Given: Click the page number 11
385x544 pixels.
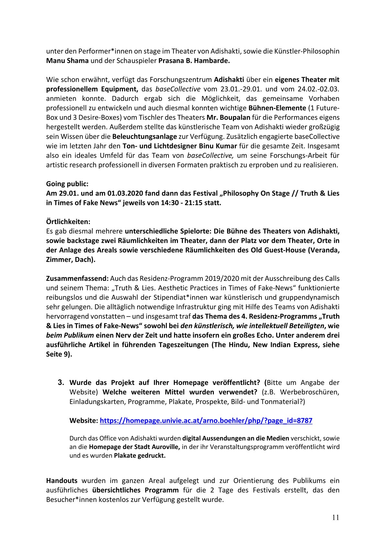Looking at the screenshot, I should tap(335, 517).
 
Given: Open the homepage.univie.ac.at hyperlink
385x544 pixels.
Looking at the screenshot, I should tap(206, 421).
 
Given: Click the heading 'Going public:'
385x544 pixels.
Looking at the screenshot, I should tap(67, 184).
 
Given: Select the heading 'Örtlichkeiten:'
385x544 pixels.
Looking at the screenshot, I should tap(68, 222).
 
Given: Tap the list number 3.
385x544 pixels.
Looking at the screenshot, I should tap(61, 382).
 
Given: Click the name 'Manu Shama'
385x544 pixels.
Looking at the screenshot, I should tap(67, 60).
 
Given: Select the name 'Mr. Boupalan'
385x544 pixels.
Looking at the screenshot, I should tap(228, 117).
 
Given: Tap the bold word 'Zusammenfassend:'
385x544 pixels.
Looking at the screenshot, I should tap(77, 278).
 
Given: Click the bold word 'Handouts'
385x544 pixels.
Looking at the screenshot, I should tap(62, 481).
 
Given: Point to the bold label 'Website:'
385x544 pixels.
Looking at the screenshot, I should tap(84, 421).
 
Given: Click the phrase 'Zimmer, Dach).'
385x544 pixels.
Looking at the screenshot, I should tap(71, 260).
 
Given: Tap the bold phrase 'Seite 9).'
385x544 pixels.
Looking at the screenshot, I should tap(59, 354).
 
